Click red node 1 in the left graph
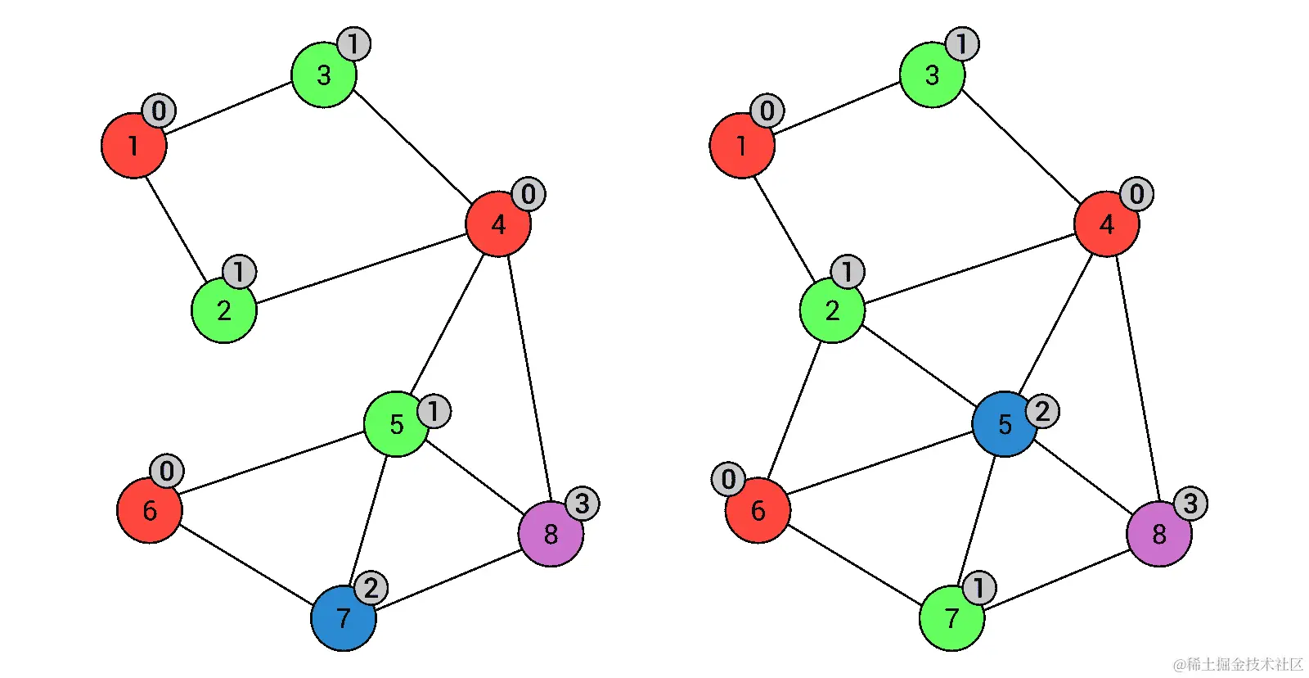coord(133,146)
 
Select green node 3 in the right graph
coord(932,75)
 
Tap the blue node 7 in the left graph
coord(343,618)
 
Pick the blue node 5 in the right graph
coord(1005,424)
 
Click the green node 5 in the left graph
coord(396,424)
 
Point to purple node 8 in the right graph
coord(1158,534)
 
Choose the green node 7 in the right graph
coord(951,618)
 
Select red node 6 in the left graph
coord(150,510)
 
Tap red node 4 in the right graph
coord(1106,224)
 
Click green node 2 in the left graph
coord(223,310)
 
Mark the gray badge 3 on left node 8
coord(582,504)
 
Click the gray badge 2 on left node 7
coord(371,588)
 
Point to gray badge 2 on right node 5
coord(1042,411)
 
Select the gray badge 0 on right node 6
coord(728,479)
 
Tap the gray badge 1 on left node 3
coord(353,44)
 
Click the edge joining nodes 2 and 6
coord(794,409)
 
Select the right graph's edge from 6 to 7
coord(855,564)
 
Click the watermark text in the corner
coord(1237,664)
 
